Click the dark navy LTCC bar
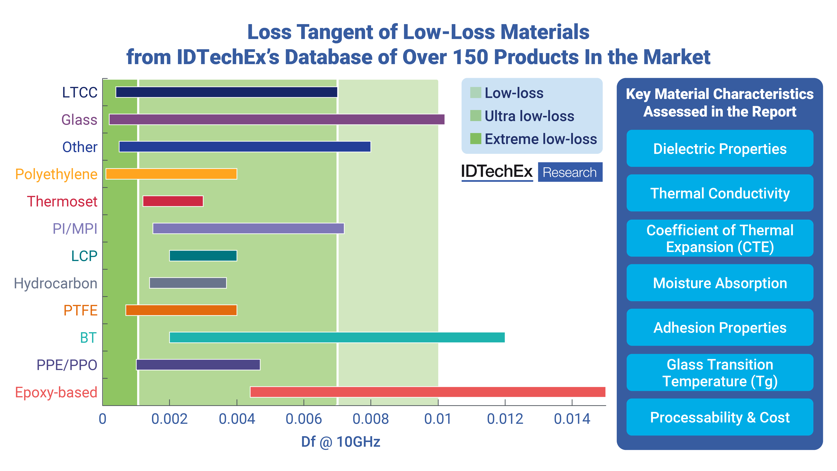226,92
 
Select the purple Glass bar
277,120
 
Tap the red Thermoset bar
173,201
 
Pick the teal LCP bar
203,256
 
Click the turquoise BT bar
337,337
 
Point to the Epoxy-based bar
428,392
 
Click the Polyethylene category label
56,174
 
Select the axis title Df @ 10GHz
340,442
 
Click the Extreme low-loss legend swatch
475,139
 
